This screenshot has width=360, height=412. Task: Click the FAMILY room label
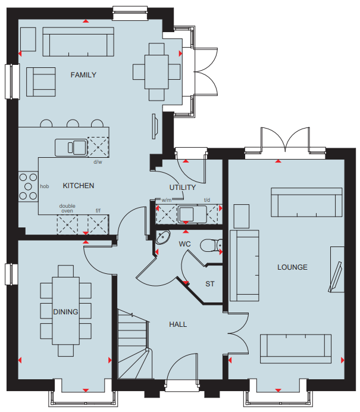coord(83,75)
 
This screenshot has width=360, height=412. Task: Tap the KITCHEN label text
coord(79,186)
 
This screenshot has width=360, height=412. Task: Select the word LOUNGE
coord(292,267)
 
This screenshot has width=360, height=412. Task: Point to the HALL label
coord(178,324)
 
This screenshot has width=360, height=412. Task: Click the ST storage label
coord(210,284)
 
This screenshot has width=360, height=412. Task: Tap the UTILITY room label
coord(183,188)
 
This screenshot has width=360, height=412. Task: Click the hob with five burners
coord(28,186)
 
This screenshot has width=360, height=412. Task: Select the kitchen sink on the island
coord(71,148)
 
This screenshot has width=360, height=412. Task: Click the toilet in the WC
coord(211,245)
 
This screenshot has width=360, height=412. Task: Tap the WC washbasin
coord(163,238)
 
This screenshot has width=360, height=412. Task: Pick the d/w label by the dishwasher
coord(98,162)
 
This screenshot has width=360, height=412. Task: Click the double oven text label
coord(67,208)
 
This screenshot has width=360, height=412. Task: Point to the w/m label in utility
coord(167,200)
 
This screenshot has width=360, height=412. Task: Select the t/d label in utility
coord(207,200)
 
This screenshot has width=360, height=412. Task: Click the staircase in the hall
coord(134,344)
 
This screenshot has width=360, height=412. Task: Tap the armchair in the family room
coord(40,82)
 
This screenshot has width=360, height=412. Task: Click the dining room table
coord(65,311)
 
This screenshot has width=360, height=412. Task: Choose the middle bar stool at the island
coord(73,123)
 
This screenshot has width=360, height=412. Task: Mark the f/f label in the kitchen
coord(98,211)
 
